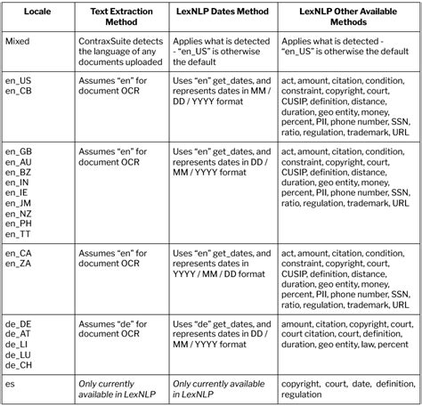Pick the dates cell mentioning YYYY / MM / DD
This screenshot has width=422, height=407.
click(221, 264)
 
